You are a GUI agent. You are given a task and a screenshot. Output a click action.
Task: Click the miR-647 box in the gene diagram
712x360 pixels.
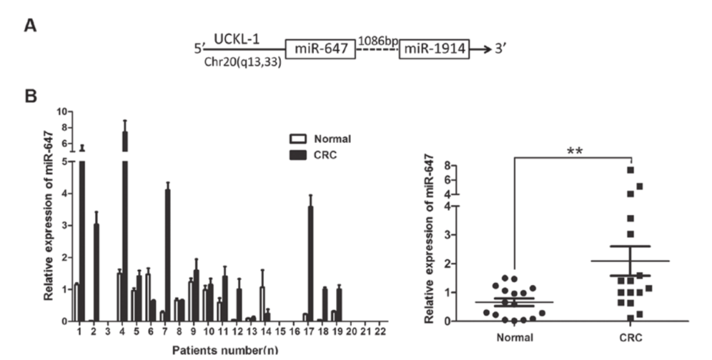click(320, 49)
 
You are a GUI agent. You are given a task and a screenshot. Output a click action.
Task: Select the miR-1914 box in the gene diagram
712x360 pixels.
click(434, 49)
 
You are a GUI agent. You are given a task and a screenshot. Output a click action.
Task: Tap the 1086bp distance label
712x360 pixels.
click(378, 41)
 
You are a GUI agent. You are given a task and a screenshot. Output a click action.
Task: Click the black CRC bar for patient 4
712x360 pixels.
click(125, 227)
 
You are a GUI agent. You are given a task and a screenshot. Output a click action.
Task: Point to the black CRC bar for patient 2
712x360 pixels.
click(96, 272)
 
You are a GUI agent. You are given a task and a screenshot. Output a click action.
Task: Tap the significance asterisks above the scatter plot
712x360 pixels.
click(573, 151)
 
